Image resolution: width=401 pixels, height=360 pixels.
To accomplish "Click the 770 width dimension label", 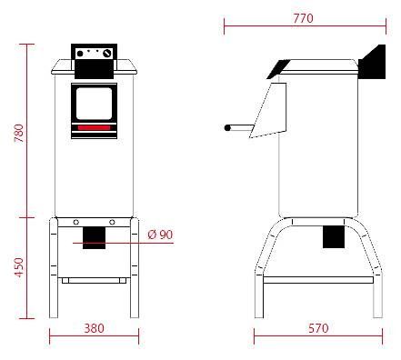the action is [303, 18].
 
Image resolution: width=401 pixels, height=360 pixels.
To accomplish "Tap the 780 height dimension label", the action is [19, 133].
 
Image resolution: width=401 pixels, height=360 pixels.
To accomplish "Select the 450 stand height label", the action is [19, 267].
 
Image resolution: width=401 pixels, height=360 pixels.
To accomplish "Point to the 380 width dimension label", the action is [94, 328].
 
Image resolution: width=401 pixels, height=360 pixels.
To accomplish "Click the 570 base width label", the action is [318, 328].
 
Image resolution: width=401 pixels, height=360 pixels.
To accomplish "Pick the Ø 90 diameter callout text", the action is [160, 235].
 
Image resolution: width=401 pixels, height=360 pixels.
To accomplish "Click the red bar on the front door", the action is [94, 127].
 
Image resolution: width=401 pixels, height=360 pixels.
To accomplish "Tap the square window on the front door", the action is [94, 104].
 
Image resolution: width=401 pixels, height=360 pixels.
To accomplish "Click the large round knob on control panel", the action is [107, 54].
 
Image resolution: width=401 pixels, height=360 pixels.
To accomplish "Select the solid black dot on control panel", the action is [80, 54].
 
